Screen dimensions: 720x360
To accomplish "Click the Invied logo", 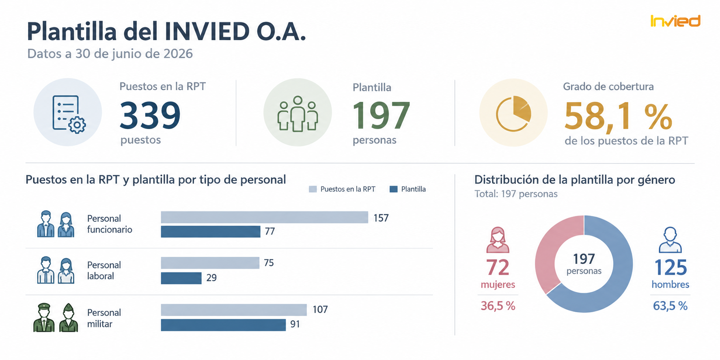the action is click(675, 21).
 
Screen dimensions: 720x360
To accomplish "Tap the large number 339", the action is click(150, 115).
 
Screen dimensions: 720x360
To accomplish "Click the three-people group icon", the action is click(297, 114).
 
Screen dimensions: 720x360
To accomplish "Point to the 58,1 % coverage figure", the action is click(618, 116).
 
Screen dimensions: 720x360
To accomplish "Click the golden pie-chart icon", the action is click(513, 114).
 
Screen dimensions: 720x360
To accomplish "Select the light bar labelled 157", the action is click(264, 217).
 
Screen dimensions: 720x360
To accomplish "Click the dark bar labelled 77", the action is click(211, 231).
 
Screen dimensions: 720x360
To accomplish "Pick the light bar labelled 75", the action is click(210, 263).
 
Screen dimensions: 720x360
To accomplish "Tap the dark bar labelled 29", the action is click(181, 278).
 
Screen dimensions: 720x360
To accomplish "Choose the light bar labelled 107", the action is click(234, 310).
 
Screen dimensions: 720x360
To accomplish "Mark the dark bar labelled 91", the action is click(223, 325).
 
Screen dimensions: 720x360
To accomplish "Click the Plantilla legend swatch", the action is click(393, 189).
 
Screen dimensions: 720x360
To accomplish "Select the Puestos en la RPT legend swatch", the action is click(313, 189).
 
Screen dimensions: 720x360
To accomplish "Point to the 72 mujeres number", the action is click(498, 267).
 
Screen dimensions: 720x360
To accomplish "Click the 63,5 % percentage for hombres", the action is click(670, 306).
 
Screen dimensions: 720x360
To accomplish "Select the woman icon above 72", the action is click(498, 240).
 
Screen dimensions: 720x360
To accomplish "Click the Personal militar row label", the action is click(104, 318).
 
